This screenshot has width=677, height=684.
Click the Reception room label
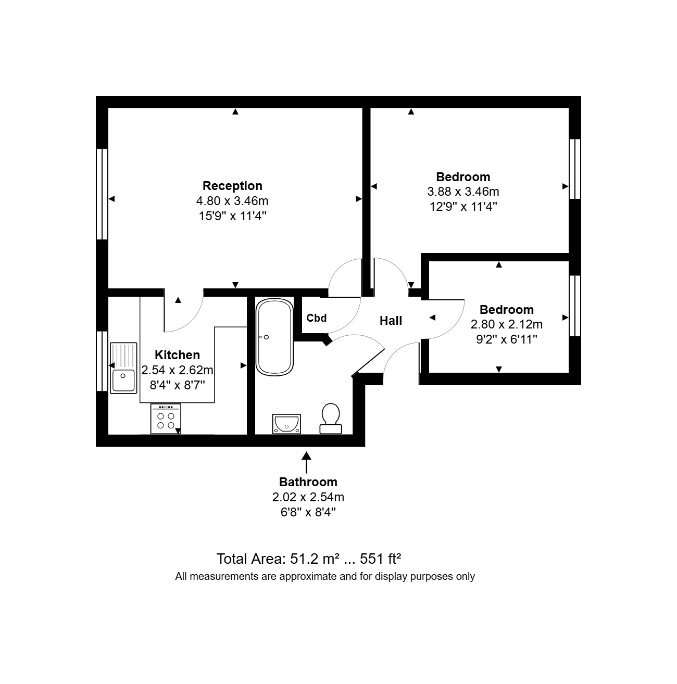coord(232,186)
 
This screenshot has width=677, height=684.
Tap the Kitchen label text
coord(177,355)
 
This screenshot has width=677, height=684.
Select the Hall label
coord(391,321)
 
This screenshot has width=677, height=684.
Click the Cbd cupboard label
coord(317,318)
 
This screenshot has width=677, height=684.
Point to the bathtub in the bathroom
coord(274,337)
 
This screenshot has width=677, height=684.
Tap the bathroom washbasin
coord(286,423)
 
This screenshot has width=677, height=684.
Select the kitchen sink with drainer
coord(123,367)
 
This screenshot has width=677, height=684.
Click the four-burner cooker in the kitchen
coord(166,419)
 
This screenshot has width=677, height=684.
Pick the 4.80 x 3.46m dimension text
coord(232,201)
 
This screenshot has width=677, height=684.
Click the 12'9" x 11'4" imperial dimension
coord(463,207)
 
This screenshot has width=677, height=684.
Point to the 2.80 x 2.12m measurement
coord(506,325)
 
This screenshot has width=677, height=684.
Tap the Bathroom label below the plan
coord(308,482)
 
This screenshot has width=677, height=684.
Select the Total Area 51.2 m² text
coord(308,559)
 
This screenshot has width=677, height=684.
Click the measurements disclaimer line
coord(325,576)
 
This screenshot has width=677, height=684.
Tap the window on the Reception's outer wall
coord(102,194)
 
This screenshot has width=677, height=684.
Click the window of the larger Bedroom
coord(575,169)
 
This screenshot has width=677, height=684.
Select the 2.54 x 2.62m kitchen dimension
coord(177,371)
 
